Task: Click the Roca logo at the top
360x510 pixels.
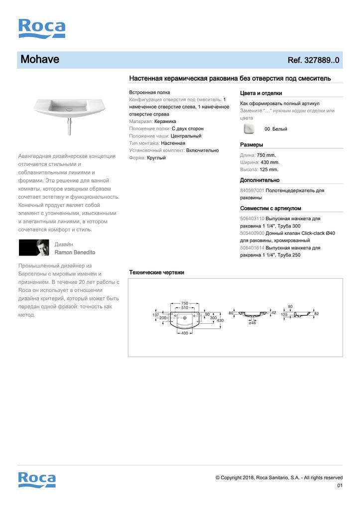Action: tap(42, 28)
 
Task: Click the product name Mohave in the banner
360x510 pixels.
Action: tap(40, 60)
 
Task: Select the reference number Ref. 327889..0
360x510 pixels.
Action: tap(313, 60)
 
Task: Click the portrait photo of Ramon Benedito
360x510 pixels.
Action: tap(33, 248)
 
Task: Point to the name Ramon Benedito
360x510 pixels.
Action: tap(75, 253)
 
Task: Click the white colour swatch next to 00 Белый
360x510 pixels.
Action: tap(249, 129)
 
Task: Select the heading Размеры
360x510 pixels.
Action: tap(251, 145)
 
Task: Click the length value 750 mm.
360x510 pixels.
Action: tap(266, 155)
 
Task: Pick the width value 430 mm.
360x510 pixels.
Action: tap(270, 162)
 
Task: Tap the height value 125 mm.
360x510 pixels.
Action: tap(269, 169)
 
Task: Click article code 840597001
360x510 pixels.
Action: tap(252, 191)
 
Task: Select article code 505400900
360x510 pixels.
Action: tap(252, 233)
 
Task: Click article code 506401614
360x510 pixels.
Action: tap(252, 248)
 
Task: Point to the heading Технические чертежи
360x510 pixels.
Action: tap(157, 272)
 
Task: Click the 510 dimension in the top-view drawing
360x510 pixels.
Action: tap(184, 308)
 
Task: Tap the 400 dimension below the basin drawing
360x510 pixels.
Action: tap(184, 333)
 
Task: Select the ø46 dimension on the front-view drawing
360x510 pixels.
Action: tap(252, 323)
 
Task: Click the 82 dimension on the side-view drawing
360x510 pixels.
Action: tap(317, 314)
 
